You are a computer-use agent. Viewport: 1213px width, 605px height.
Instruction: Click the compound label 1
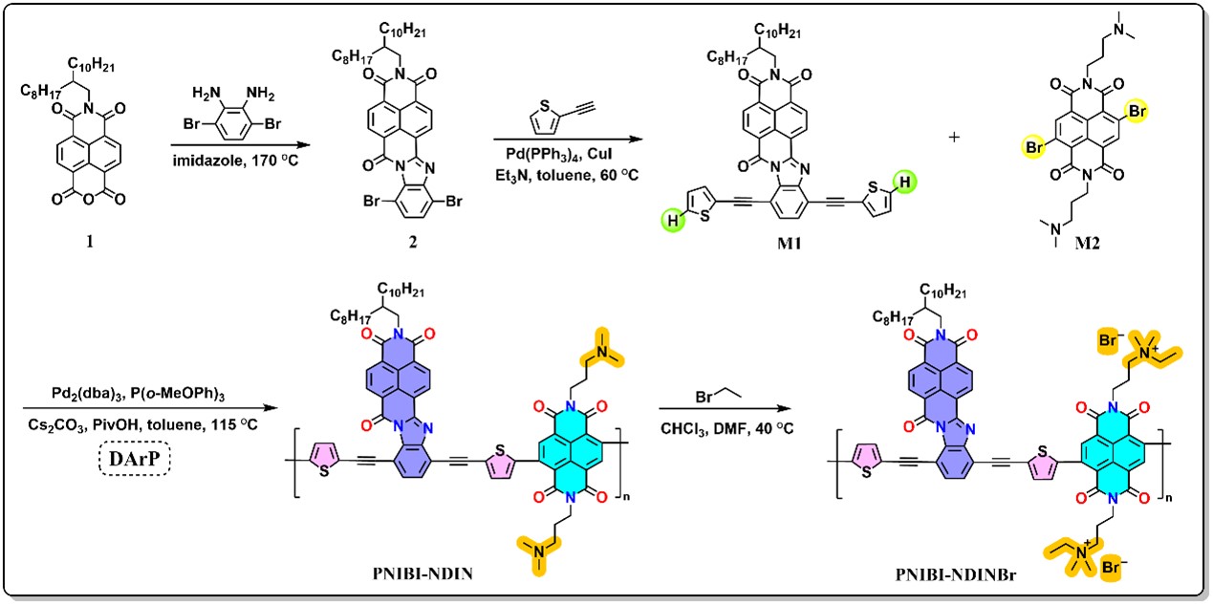click(x=89, y=242)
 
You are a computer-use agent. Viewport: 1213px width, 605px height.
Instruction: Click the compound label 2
click(x=413, y=242)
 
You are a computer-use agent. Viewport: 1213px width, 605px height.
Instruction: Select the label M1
click(x=789, y=244)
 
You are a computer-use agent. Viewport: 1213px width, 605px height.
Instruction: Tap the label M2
click(x=1087, y=244)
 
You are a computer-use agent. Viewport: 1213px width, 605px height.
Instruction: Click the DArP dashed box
click(x=134, y=459)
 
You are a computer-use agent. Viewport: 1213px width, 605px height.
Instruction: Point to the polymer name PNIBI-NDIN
click(x=422, y=573)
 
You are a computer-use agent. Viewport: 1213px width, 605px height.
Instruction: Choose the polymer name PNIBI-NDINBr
click(x=955, y=574)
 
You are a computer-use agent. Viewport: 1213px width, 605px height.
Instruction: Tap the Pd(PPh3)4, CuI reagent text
click(x=559, y=154)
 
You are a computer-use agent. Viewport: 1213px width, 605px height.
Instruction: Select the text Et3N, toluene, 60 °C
click(x=567, y=175)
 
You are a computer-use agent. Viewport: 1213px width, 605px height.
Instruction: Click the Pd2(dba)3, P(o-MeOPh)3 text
click(x=138, y=394)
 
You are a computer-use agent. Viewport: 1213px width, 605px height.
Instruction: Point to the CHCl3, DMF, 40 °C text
click(x=726, y=429)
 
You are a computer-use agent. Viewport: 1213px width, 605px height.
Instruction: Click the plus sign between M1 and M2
click(x=954, y=137)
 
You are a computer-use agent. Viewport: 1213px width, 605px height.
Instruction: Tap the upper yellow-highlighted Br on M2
click(x=1137, y=112)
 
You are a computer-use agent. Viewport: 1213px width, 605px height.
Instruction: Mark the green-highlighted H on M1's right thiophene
click(x=904, y=182)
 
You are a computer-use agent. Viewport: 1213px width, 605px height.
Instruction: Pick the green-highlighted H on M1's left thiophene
click(x=672, y=221)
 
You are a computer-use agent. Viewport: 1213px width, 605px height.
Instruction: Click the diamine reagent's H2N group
click(x=206, y=94)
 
